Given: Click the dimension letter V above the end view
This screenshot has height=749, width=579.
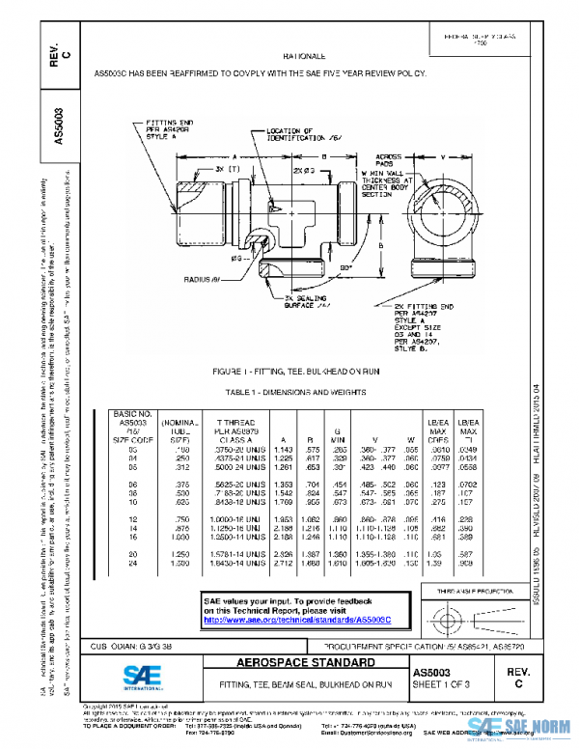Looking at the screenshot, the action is [x=443, y=154].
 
